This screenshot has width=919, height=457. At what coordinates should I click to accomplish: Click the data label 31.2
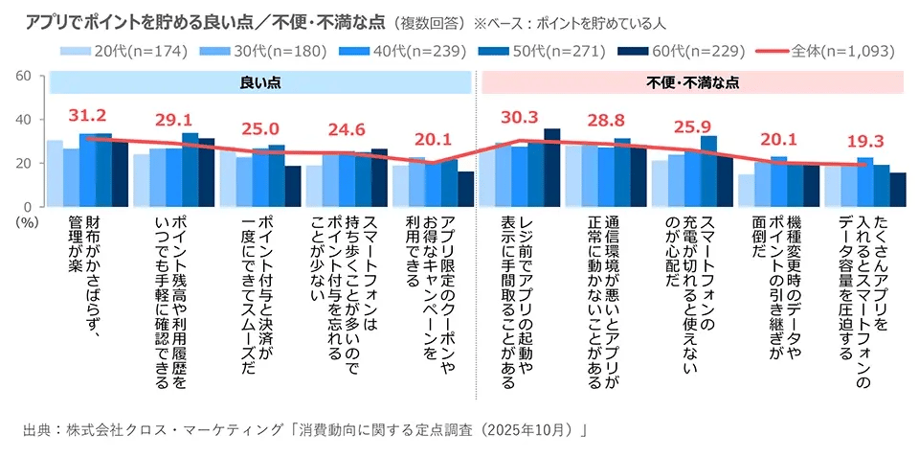point(87,116)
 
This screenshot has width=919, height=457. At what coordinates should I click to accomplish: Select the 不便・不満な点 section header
point(692,83)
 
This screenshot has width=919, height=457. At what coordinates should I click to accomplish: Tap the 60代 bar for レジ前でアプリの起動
point(551,168)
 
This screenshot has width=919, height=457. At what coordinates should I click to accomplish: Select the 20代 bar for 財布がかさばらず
point(56,173)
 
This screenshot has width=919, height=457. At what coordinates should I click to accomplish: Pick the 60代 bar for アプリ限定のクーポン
point(466,189)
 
